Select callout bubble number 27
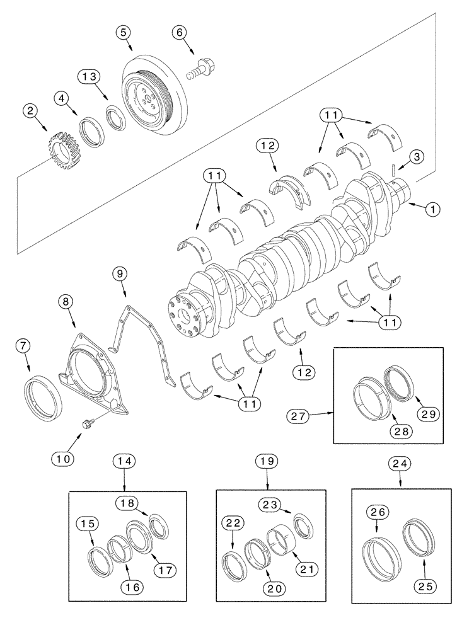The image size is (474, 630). [x=301, y=415]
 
